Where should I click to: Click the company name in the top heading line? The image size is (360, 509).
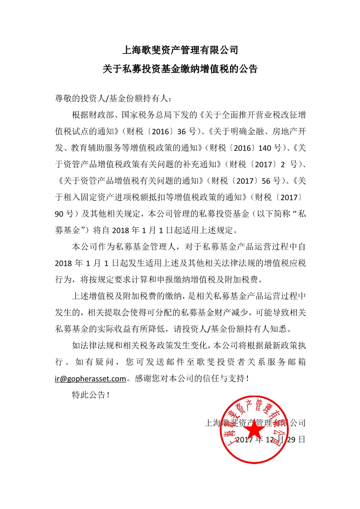180,49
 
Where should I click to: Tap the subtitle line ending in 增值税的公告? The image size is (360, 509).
180,69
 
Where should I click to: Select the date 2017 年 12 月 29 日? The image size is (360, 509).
271,440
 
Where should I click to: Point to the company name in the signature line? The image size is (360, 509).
256,423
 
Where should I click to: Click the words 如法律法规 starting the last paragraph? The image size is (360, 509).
90,345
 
